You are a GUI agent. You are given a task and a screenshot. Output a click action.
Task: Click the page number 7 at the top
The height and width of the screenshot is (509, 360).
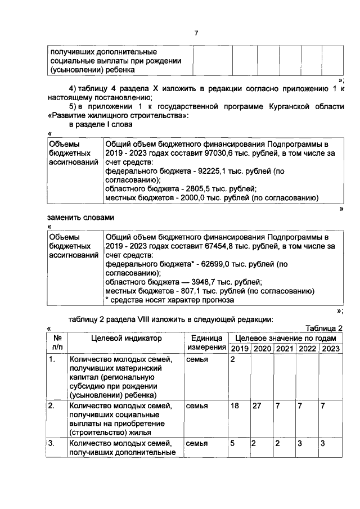[x=196, y=33]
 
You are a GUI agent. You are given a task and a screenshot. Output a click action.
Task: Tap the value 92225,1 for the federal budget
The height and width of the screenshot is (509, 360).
[x=196, y=170]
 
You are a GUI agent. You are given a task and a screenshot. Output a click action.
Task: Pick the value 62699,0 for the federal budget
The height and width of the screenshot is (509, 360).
[x=200, y=264]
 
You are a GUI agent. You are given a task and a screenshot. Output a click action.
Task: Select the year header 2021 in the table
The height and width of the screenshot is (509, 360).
[x=284, y=349]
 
